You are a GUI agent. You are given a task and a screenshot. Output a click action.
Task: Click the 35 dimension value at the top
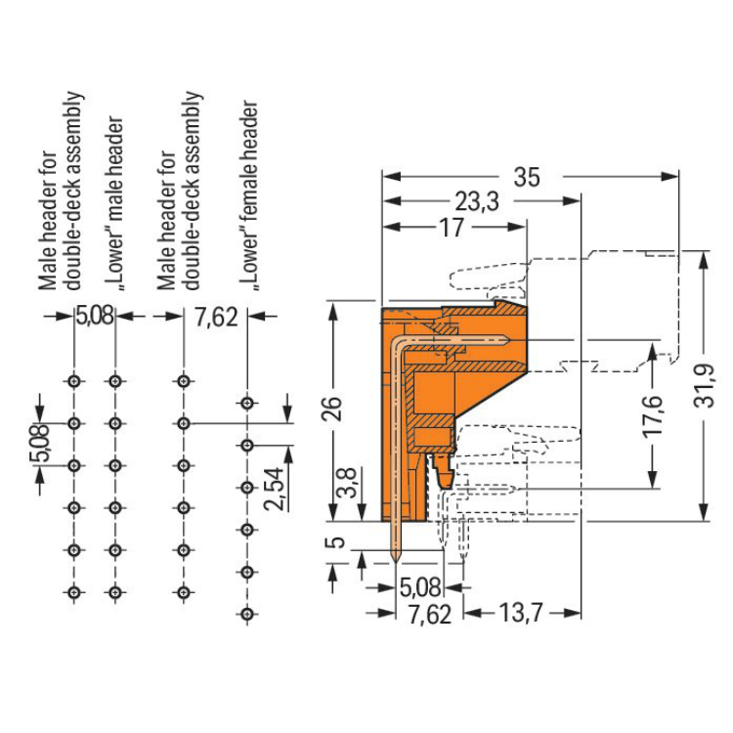pyautogui.click(x=527, y=177)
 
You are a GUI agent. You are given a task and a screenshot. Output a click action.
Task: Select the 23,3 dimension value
pyautogui.click(x=477, y=201)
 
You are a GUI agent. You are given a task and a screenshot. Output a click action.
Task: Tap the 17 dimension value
pyautogui.click(x=451, y=227)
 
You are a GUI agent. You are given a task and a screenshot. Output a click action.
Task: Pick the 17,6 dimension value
pyautogui.click(x=653, y=414)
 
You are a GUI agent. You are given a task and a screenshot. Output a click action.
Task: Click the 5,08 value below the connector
pyautogui.click(x=421, y=588)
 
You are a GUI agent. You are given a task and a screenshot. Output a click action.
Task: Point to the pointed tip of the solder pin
pyautogui.click(x=396, y=560)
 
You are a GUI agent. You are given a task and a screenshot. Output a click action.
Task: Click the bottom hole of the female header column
pyautogui.click(x=247, y=613)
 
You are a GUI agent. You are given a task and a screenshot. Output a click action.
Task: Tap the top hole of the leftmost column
pyautogui.click(x=73, y=380)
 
